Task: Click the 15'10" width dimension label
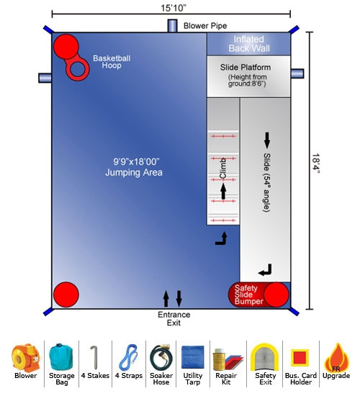pos(174,8)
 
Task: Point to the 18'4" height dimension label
pos(316,163)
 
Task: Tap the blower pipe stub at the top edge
pos(172,26)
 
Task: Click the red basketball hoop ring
pos(78,68)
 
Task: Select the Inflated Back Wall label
pos(249,44)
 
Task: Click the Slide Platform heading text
pos(246,67)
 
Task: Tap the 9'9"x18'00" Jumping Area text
pos(134,167)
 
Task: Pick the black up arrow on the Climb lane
pos(223,192)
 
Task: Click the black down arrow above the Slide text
pos(267,140)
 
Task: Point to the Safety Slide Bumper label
pos(249,294)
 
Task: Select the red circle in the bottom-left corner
pos(66,294)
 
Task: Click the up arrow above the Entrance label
pos(166,299)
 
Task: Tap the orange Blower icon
pos(25,358)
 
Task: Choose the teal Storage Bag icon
pos(61,356)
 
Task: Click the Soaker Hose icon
pos(161,357)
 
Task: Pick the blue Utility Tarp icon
pos(192,357)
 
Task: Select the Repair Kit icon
pos(227,359)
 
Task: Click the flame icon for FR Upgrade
pos(337,357)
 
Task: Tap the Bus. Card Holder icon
pos(300,358)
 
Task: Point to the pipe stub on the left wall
pos(45,78)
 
